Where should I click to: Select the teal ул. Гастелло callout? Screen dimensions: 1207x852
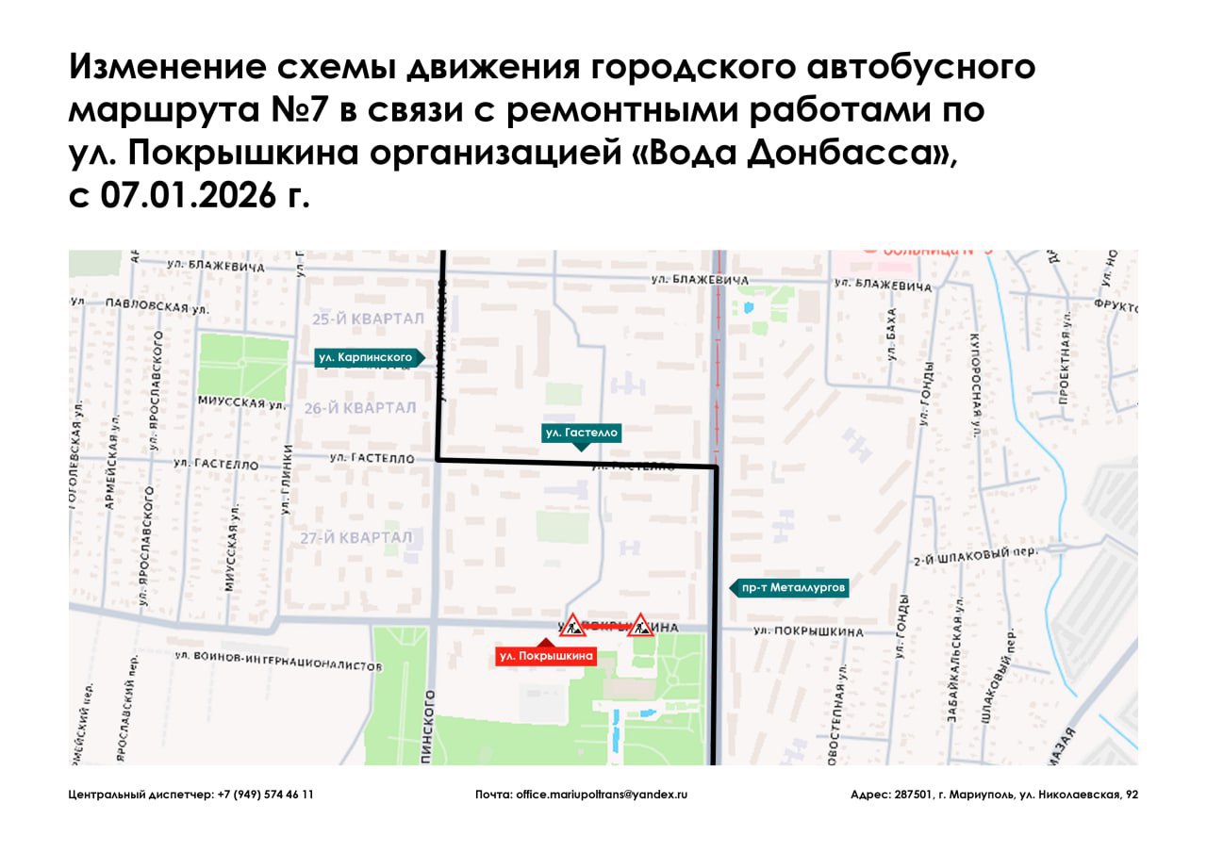pyautogui.click(x=581, y=433)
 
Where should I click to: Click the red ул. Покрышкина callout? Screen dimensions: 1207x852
pyautogui.click(x=547, y=656)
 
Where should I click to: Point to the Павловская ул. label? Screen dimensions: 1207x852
pyautogui.click(x=141, y=306)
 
